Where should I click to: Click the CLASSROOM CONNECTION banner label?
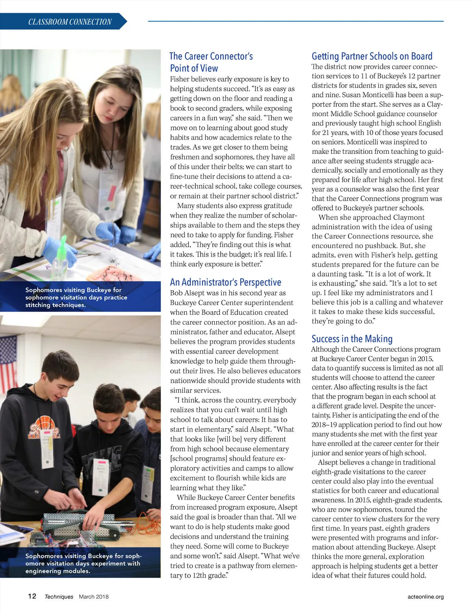click(70, 22)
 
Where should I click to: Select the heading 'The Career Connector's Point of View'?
click(211, 62)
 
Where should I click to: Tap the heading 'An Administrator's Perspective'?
click(225, 282)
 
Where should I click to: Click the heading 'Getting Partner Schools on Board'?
click(372, 56)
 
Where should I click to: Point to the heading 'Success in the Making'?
click(352, 339)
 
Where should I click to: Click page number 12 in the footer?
click(32, 596)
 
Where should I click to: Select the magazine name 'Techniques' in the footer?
click(59, 596)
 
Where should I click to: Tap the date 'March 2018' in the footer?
click(94, 596)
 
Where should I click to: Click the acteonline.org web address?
click(426, 596)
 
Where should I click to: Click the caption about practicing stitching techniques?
click(76, 297)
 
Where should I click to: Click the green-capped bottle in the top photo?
click(62, 256)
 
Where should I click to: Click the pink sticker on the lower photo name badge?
click(101, 461)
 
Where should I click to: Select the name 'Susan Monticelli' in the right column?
click(368, 95)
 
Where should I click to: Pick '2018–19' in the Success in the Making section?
click(324, 425)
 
